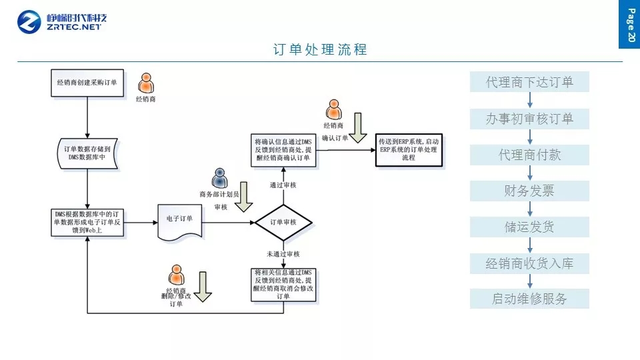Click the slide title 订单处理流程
[320, 50]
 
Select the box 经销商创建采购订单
[87, 83]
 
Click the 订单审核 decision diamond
[283, 221]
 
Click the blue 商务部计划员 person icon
[219, 178]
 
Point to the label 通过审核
[283, 185]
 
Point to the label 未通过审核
[283, 254]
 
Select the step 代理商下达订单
[529, 83]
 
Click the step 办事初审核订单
[529, 119]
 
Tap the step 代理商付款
[529, 155]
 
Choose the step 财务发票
[529, 191]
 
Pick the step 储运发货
[529, 227]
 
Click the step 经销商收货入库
[529, 263]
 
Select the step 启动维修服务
[529, 299]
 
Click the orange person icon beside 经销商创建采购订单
[145, 83]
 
